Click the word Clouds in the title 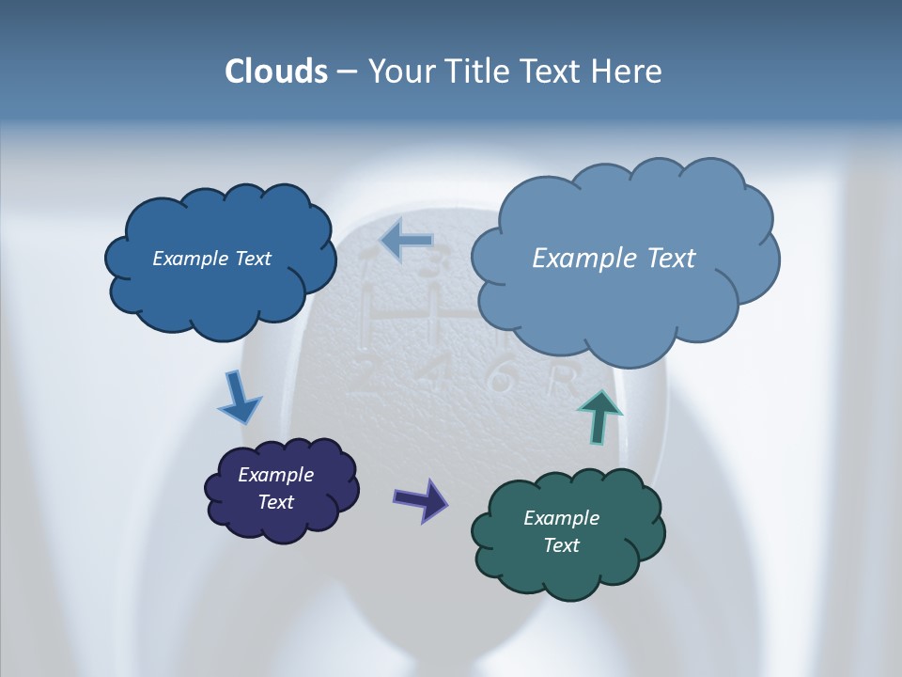pyautogui.click(x=276, y=71)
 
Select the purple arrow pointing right pyautogui.click(x=420, y=498)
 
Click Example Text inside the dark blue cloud pyautogui.click(x=211, y=259)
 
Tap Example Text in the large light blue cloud pyautogui.click(x=614, y=259)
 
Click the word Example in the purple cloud pyautogui.click(x=275, y=475)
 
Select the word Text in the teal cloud pyautogui.click(x=561, y=545)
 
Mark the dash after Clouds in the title pyautogui.click(x=346, y=72)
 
